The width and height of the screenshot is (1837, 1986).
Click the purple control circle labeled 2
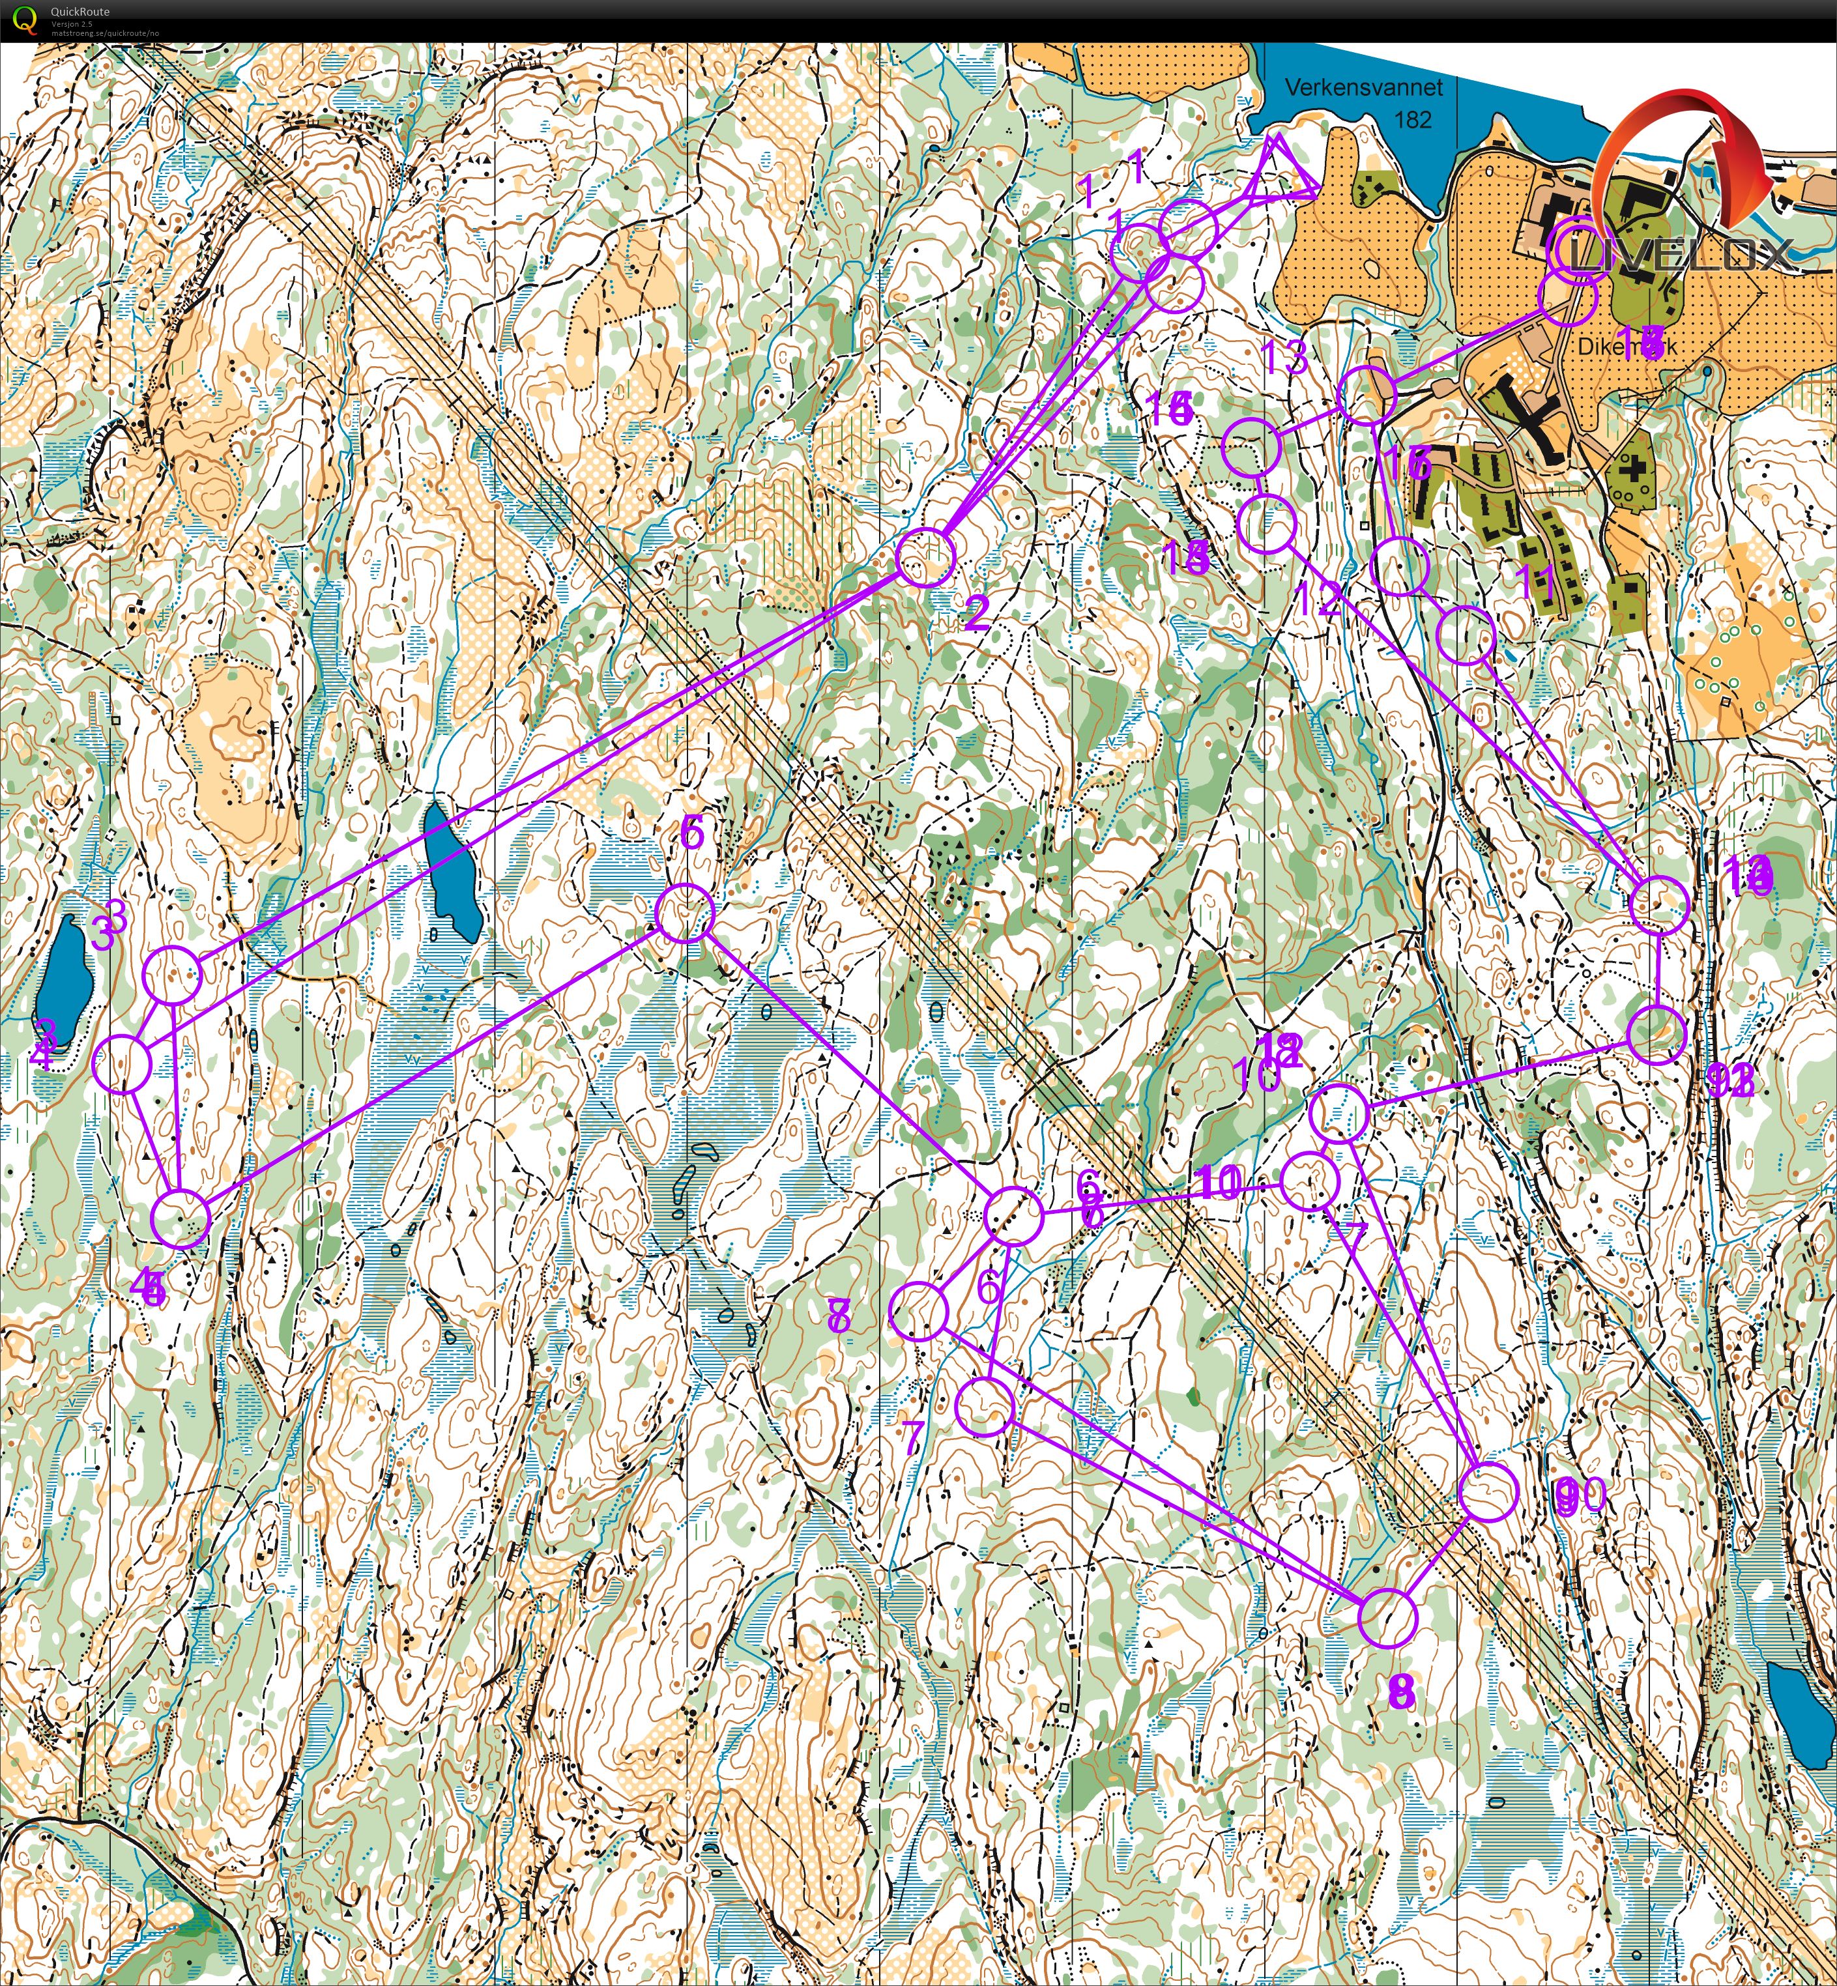(x=925, y=558)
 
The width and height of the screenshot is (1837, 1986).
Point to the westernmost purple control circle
(x=121, y=1063)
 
